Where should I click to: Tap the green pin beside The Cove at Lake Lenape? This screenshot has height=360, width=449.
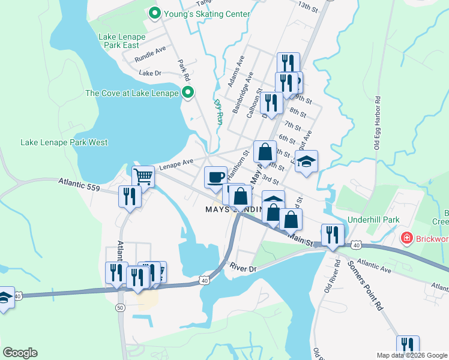(x=188, y=92)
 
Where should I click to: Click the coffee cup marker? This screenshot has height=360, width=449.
(x=216, y=177)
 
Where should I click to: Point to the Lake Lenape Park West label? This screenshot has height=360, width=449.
(x=64, y=142)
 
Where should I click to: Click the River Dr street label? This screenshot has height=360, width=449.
(x=243, y=268)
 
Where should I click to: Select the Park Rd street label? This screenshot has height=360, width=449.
(x=184, y=70)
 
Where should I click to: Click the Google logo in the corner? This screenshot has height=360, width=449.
(x=20, y=353)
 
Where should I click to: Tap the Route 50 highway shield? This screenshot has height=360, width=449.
(x=120, y=307)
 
